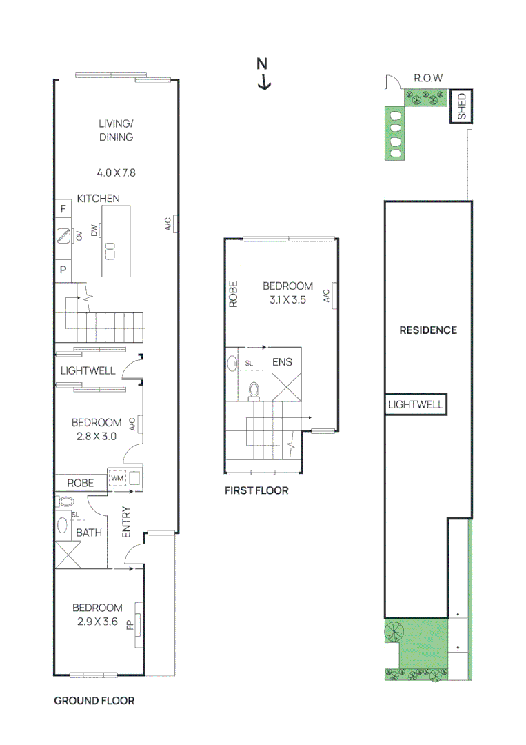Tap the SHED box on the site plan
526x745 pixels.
462,107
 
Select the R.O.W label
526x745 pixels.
427,78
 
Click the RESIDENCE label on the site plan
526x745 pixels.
428,330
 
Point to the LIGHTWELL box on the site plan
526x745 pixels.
416,405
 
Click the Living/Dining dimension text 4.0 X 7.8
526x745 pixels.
115,172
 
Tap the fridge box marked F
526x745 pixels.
63,209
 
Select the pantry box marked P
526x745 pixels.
63,270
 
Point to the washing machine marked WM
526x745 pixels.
116,477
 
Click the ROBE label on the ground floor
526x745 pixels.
81,483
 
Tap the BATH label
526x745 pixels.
89,533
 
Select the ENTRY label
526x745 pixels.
127,523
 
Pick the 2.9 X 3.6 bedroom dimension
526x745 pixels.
97,622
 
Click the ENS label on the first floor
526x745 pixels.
281,361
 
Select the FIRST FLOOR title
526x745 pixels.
256,491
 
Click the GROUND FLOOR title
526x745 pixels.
94,701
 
